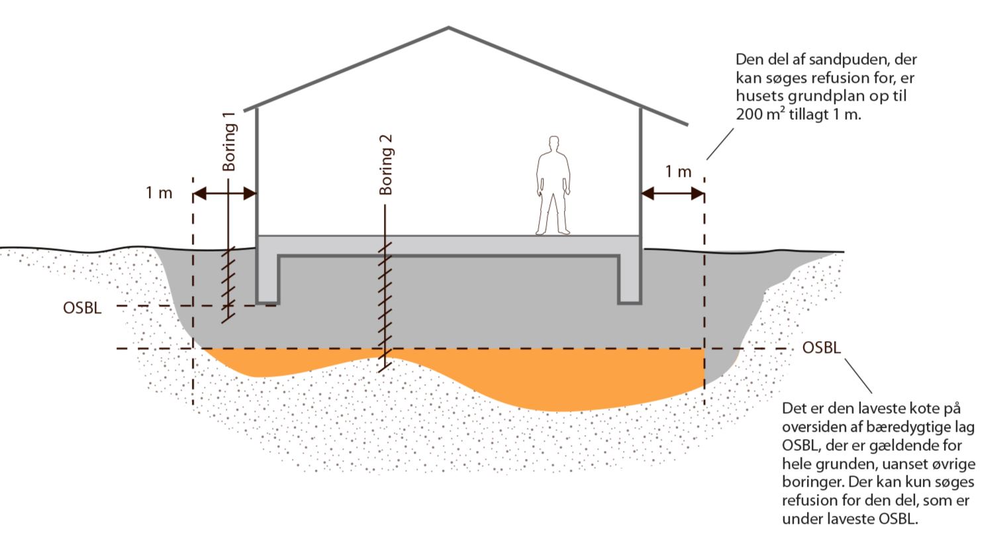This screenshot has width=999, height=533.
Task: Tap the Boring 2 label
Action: click(x=386, y=164)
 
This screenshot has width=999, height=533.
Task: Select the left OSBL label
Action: click(x=83, y=308)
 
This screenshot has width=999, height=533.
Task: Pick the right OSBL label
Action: click(x=821, y=348)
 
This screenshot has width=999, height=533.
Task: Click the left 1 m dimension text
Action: click(x=159, y=193)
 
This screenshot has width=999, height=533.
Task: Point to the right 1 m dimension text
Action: click(x=677, y=171)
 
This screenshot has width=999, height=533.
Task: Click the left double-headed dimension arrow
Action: click(x=224, y=194)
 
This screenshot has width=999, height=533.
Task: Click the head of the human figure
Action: click(x=553, y=144)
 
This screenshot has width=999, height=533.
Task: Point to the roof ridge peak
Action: click(x=449, y=28)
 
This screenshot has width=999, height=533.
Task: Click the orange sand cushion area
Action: click(x=543, y=381)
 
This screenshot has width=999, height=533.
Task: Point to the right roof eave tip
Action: click(x=687, y=124)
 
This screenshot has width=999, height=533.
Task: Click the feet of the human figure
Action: click(x=553, y=232)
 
